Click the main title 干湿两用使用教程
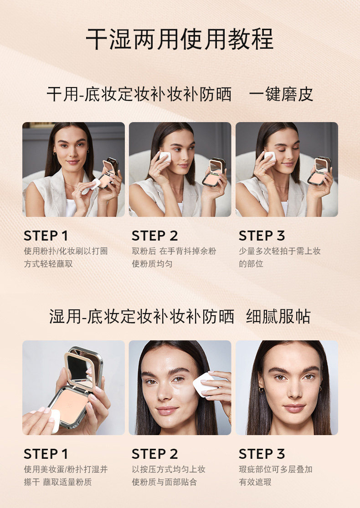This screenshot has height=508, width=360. tap(180, 39)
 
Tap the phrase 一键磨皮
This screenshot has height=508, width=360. tap(281, 95)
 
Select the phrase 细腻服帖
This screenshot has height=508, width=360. tap(278, 317)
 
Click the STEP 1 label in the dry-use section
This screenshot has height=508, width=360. tap(46, 236)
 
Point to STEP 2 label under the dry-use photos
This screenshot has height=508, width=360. tap(154, 236)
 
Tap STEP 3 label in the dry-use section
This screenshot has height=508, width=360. tap(262, 236)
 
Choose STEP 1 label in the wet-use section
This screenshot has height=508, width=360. tap(46, 454)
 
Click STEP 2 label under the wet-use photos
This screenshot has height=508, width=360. tap(154, 454)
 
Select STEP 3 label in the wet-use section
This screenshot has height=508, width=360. tap(262, 454)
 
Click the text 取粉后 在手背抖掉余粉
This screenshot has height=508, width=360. tap(174, 251)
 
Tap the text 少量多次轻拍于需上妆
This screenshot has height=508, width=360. tap(280, 251)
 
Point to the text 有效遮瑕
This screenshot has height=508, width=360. tap(255, 482)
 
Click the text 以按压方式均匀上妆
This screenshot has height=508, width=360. tap(169, 469)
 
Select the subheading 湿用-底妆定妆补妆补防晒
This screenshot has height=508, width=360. tap(142, 317)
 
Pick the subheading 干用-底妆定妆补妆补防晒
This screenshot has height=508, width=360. tap(139, 95)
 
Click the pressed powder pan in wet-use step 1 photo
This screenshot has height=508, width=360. tap(69, 406)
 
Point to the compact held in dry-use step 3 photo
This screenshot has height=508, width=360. tap(319, 171)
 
